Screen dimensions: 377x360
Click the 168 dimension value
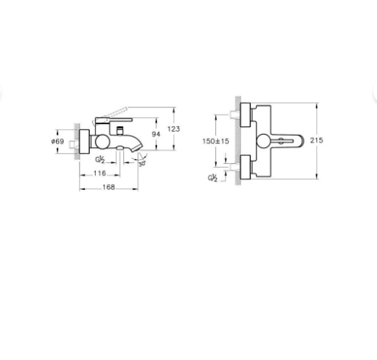109,187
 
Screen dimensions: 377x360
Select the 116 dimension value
100,173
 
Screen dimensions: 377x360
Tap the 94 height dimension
156,134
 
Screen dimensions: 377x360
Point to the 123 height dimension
174,129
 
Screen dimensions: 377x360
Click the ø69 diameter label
57,141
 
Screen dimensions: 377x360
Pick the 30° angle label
142,163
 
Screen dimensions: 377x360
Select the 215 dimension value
316,140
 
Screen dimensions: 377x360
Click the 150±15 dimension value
216,141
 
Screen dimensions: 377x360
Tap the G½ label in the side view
100,160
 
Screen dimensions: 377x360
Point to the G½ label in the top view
212,178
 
